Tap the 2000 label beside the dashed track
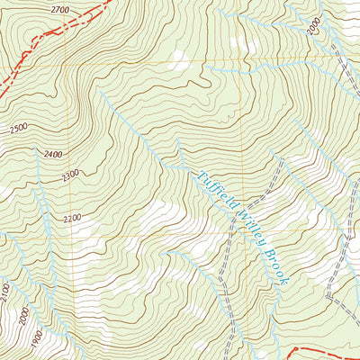[x=312, y=28]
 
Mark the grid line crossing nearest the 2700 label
[x=66, y=64]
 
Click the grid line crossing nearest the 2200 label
[x=66, y=236]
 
